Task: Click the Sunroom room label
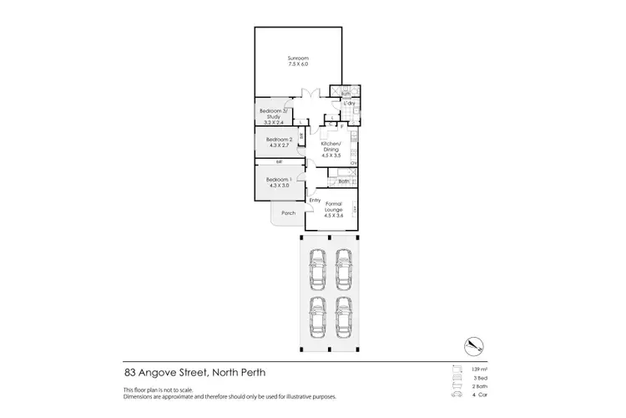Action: tap(298, 57)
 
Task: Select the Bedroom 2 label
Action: tap(278, 139)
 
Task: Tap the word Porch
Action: tap(288, 213)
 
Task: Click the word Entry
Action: tap(315, 200)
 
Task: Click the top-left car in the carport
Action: tap(317, 268)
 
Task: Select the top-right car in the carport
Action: tap(343, 268)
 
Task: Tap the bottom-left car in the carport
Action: tap(317, 316)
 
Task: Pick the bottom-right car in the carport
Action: tap(343, 316)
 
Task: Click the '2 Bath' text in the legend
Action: tap(479, 387)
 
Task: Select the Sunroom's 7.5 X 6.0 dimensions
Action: tap(298, 64)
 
